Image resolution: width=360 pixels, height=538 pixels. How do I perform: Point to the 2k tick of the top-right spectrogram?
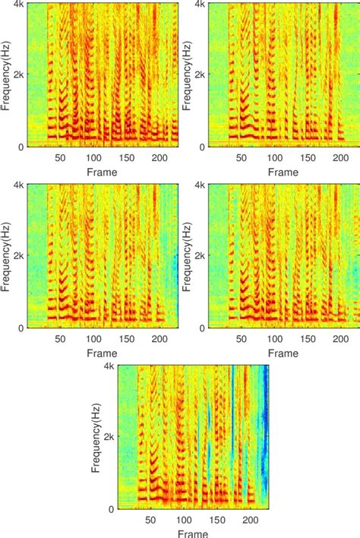point(200,74)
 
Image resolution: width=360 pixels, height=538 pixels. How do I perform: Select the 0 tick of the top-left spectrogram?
point(21,146)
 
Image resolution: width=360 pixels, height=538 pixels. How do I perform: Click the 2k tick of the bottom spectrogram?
point(109,437)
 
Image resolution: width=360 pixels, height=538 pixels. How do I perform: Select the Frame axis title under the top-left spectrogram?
point(101,172)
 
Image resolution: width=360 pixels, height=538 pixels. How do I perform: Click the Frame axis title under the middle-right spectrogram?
point(283,353)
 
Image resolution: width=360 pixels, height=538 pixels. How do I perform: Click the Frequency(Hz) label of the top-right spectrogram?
point(187,74)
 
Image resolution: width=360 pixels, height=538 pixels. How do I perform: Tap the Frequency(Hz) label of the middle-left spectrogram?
point(6,255)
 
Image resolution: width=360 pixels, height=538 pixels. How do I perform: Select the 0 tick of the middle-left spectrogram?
point(21,328)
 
